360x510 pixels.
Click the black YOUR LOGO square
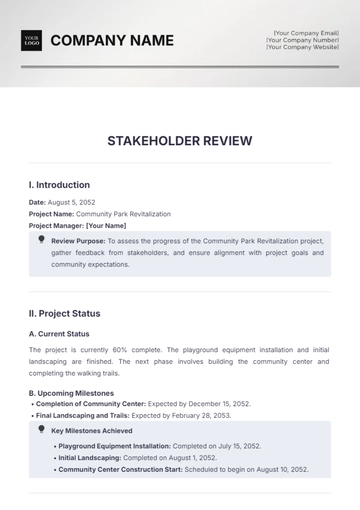coord(31,41)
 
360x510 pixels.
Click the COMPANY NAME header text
coord(112,41)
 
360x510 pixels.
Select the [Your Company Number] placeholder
coord(298,40)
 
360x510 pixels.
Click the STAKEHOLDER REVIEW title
coord(180,141)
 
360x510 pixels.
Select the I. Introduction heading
coord(59,185)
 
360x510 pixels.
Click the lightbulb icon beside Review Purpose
coord(41,240)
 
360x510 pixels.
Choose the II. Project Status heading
coord(65,313)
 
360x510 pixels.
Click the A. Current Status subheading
coord(59,333)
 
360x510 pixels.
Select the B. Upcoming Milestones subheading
coord(71,393)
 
